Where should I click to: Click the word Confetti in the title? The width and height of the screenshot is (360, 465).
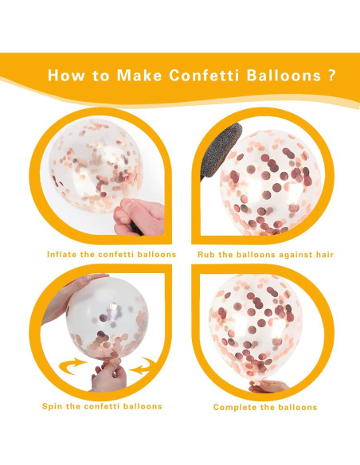click(x=204, y=76)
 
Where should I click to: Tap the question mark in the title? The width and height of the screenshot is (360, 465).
click(x=332, y=76)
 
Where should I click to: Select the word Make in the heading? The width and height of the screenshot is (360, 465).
click(x=139, y=76)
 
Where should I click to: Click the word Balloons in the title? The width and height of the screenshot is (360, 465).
click(x=284, y=76)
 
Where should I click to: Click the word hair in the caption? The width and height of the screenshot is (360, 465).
click(x=324, y=255)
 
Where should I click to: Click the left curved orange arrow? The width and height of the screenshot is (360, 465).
click(x=72, y=365)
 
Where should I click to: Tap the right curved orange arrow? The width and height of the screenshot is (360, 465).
click(x=143, y=365)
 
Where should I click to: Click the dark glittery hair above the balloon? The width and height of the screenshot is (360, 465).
click(x=220, y=151)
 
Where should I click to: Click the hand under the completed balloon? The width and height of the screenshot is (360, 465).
click(x=268, y=386)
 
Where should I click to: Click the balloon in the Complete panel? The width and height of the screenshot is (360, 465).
click(x=256, y=328)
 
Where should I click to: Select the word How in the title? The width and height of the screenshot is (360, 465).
click(x=66, y=76)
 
